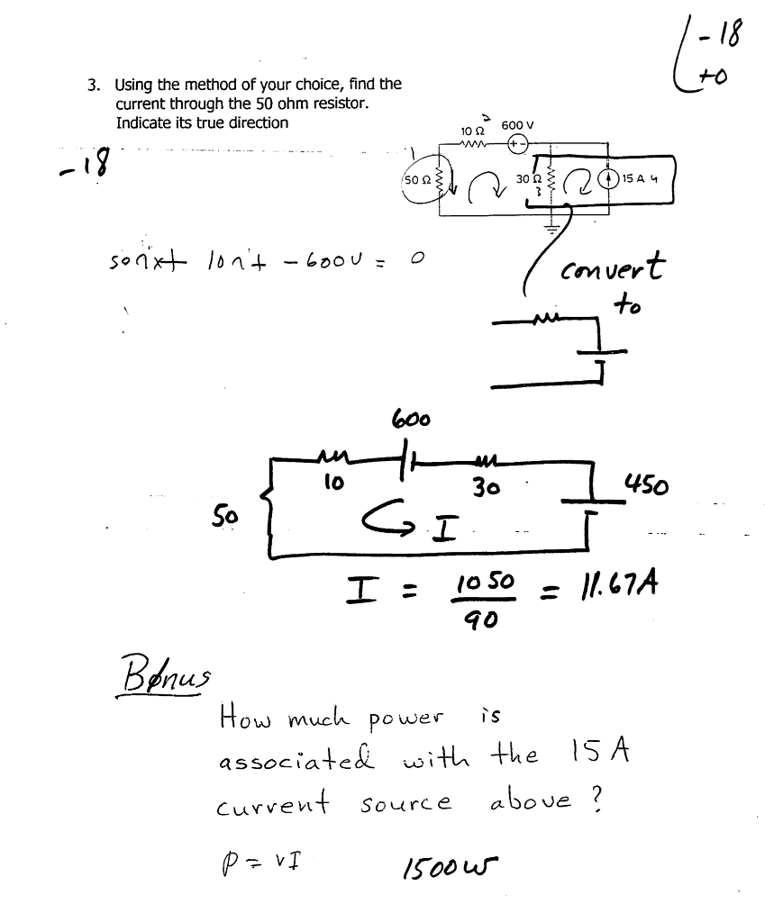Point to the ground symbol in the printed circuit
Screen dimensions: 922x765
tap(550, 226)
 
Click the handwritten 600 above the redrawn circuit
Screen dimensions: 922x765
tap(411, 419)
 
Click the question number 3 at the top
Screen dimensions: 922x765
tap(92, 86)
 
